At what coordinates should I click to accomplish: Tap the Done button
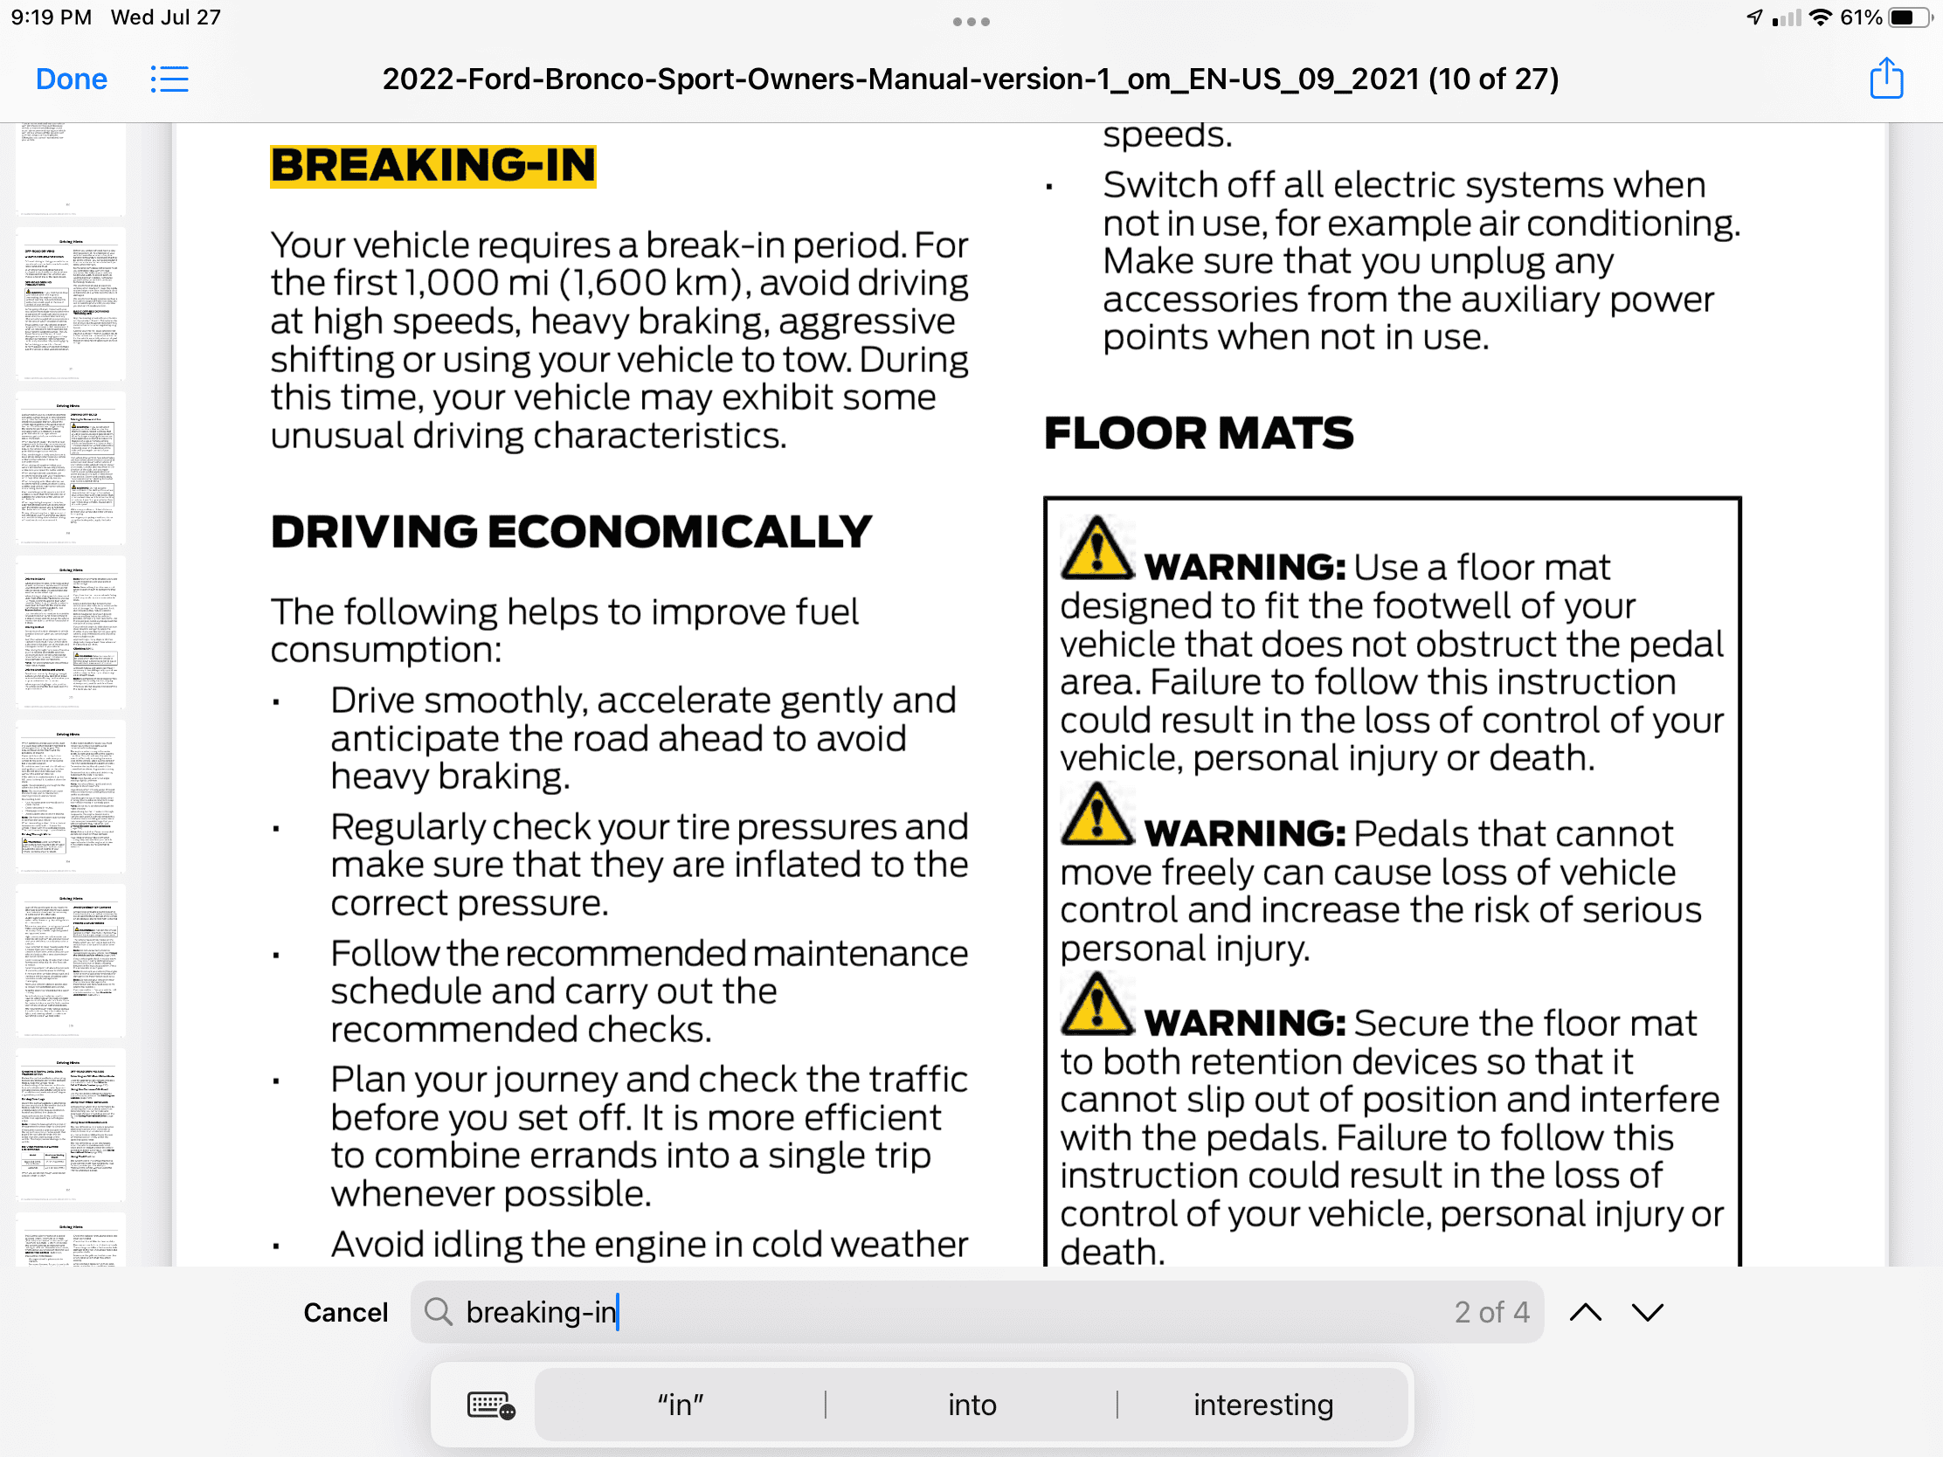pos(71,79)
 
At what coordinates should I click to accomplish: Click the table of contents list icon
pos(169,79)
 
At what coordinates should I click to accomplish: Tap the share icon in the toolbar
pos(1886,78)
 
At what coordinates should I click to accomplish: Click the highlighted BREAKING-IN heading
pos(433,166)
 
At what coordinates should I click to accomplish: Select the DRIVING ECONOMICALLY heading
pos(571,532)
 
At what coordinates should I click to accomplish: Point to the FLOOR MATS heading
pos(1198,433)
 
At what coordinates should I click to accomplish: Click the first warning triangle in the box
pos(1096,549)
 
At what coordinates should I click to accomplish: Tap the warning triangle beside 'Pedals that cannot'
pos(1096,815)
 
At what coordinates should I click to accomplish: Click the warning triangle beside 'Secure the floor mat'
pos(1096,1005)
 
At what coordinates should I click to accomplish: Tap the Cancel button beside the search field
pos(345,1312)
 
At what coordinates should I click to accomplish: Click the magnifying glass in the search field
pos(439,1312)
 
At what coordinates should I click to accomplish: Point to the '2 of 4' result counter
pos(1491,1312)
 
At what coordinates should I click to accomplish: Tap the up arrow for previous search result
pos(1586,1312)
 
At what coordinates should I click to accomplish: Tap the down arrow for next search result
pos(1648,1312)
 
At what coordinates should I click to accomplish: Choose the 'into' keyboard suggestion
pos(971,1405)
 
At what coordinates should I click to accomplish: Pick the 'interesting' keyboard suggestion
pos(1263,1405)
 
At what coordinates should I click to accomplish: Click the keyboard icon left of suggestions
pos(490,1405)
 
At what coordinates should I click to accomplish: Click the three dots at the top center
pos(971,22)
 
